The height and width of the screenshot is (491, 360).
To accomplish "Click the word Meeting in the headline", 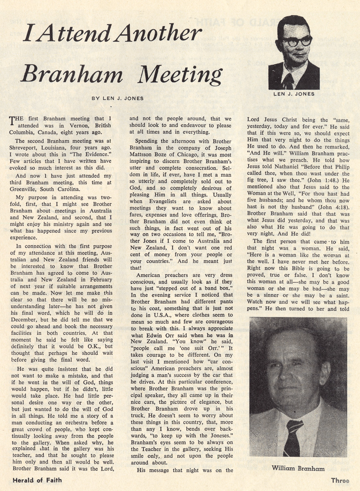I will coord(180,75).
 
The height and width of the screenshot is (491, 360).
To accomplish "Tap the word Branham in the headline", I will coord(71,75).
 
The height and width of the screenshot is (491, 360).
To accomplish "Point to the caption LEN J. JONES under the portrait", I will coord(294,94).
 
